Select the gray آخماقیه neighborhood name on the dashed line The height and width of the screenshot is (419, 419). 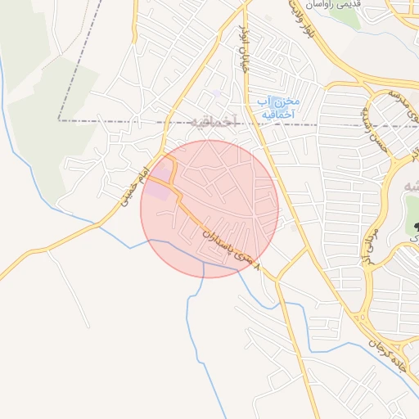click(216, 122)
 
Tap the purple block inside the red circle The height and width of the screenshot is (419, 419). click(157, 187)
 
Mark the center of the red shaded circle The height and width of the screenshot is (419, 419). click(209, 209)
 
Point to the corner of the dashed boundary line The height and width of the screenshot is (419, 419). click(59, 120)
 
